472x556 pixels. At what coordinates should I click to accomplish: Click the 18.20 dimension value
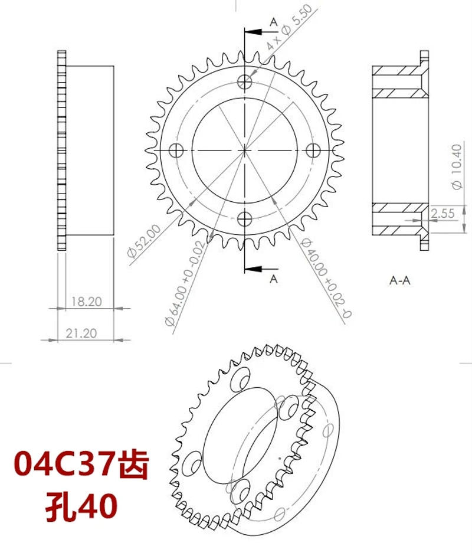pos(86,302)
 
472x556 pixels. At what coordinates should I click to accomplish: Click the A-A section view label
pos(400,280)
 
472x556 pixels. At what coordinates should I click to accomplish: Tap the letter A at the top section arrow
pos(273,21)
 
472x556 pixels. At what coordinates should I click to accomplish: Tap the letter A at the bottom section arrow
pos(273,279)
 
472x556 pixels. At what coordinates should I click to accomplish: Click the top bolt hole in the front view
pos(244,81)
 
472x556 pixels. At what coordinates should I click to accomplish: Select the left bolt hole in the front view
pos(176,151)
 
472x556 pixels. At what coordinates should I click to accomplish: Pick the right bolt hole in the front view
pos(314,151)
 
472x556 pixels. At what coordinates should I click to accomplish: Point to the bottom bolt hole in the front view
pos(244,220)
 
